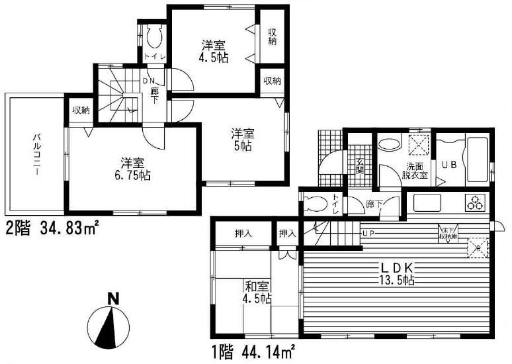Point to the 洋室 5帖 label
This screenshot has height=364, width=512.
click(241, 138)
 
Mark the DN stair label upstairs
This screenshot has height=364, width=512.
click(148, 81)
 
